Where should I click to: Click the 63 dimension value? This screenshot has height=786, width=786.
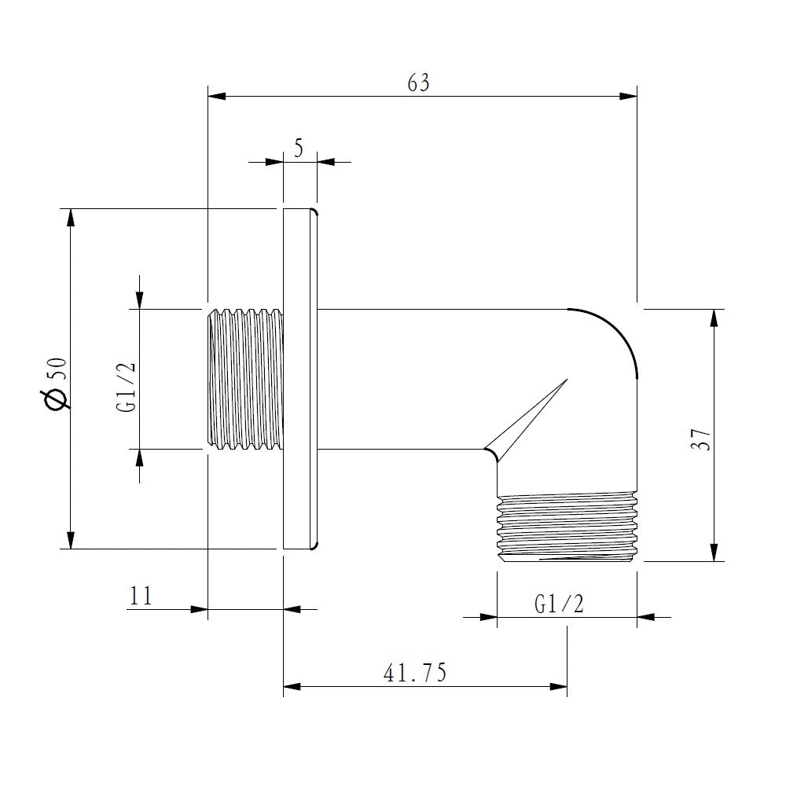click(419, 83)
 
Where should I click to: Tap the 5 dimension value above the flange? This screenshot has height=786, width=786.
click(299, 149)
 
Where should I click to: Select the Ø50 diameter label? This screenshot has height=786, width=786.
click(57, 384)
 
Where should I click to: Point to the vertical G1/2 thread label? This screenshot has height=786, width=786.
click(126, 387)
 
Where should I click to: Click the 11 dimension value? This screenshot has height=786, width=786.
click(141, 596)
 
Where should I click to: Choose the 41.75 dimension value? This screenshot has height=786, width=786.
click(414, 673)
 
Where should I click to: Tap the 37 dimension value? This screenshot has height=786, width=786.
click(701, 439)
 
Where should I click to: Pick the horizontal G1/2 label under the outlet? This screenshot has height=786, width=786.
click(560, 604)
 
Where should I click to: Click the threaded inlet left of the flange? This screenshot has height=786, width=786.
click(245, 379)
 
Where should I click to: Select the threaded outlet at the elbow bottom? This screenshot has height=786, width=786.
click(567, 528)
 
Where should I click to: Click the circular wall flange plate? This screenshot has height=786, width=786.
click(300, 379)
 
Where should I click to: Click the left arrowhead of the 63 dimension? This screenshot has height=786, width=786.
click(217, 96)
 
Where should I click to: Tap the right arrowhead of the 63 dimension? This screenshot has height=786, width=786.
click(628, 96)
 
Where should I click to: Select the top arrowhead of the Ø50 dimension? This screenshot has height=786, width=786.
click(72, 217)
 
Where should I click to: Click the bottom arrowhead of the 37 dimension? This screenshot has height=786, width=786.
click(714, 553)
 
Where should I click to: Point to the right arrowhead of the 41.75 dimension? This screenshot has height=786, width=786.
click(558, 686)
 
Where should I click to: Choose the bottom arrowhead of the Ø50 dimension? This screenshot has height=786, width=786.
click(72, 540)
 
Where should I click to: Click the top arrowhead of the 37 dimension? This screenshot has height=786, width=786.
click(714, 318)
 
